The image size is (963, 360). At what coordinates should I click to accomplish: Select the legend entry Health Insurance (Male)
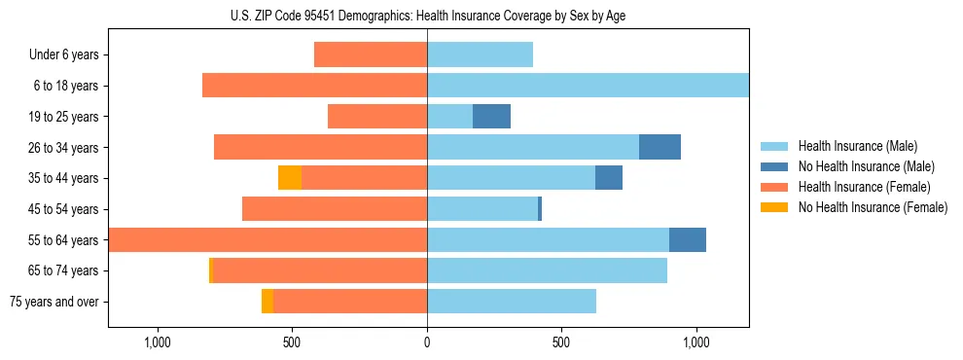[857, 146]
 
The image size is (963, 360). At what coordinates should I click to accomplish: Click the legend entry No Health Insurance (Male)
[866, 166]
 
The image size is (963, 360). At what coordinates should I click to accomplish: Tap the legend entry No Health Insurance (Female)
[873, 207]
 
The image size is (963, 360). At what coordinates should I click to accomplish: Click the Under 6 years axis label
[64, 54]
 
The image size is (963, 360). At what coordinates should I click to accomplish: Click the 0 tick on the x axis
[427, 342]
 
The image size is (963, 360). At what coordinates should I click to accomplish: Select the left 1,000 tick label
[158, 342]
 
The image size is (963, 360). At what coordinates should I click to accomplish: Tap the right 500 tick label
[561, 342]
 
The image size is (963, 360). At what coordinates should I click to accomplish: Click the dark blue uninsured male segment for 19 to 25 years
[491, 117]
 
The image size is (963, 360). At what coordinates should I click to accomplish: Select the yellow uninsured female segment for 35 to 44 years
[290, 178]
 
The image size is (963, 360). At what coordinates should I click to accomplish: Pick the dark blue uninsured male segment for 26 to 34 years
[660, 147]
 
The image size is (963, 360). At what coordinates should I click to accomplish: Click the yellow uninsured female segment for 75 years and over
[267, 302]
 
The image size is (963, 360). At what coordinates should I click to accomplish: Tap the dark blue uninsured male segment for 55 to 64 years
[688, 239]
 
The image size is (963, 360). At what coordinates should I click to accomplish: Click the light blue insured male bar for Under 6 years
[481, 54]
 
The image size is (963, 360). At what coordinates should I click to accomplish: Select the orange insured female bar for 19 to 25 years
[377, 117]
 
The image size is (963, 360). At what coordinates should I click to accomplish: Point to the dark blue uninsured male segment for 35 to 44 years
[609, 178]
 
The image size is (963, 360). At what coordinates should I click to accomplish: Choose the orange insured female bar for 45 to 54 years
[335, 209]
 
